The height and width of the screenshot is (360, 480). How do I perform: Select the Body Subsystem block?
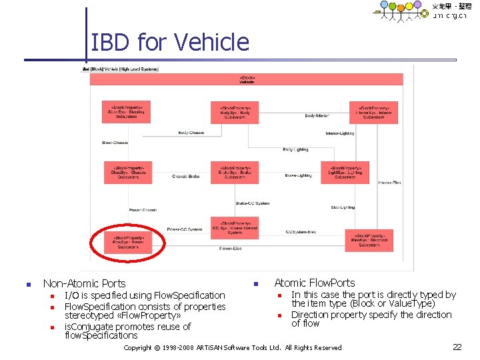[x=235, y=113]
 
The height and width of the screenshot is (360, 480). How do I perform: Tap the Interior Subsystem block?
[x=373, y=113]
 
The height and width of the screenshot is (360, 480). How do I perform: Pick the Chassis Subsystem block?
[x=128, y=173]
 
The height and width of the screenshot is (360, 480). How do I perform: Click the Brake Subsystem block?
[x=235, y=173]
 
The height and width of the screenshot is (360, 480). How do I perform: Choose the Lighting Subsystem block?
[x=345, y=173]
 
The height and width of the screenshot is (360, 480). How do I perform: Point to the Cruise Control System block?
[x=235, y=227]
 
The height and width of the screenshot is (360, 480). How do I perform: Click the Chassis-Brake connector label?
[x=185, y=176]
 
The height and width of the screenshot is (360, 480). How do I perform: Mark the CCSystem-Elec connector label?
[x=301, y=232]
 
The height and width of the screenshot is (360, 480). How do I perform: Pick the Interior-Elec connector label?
[x=389, y=183]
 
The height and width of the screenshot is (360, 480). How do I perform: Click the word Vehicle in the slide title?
[x=211, y=43]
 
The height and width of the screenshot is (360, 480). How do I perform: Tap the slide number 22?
[x=457, y=347]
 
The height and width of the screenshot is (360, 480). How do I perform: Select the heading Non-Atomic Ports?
[x=84, y=283]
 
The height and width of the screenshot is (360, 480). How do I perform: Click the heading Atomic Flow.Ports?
[x=315, y=283]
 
